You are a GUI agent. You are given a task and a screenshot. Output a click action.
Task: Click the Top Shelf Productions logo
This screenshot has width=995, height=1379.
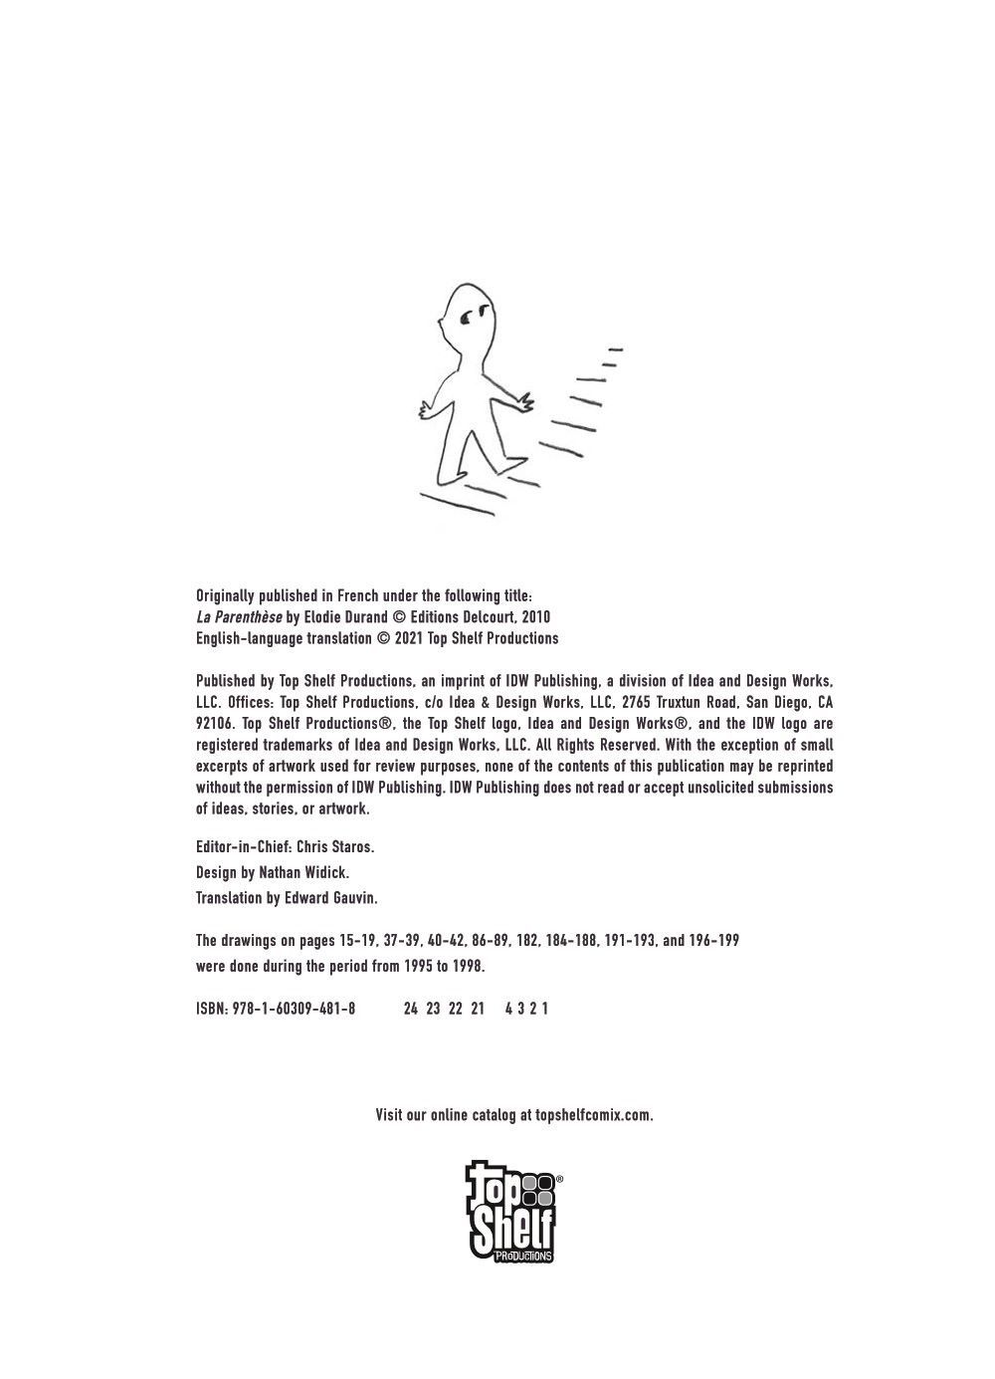pos(513,1211)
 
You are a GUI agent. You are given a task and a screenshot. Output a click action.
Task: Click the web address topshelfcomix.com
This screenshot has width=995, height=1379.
pos(594,1115)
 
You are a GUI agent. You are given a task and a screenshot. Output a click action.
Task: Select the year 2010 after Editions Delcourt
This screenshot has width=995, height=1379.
pos(535,617)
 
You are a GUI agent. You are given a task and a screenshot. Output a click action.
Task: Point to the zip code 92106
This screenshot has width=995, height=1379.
pos(216,724)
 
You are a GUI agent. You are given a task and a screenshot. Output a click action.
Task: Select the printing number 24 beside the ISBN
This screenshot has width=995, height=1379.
pos(411,1009)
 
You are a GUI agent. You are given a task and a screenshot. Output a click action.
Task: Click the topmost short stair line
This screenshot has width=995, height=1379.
pos(615,349)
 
